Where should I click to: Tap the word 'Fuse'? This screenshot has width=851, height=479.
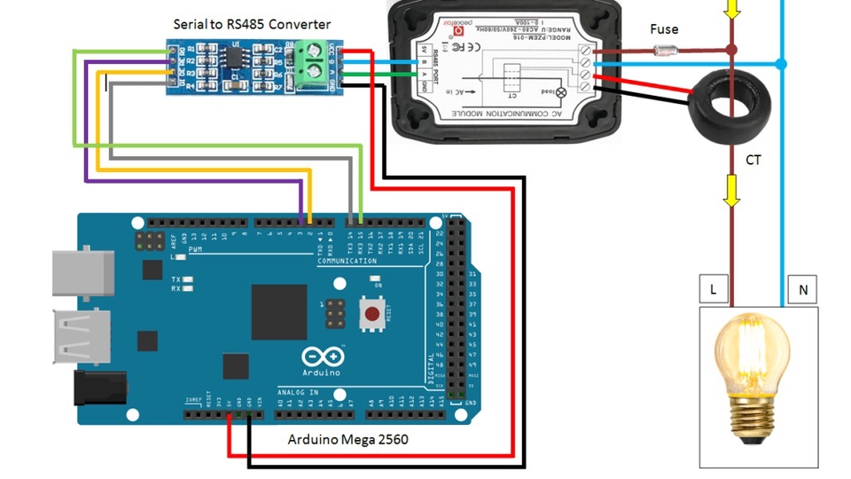pos(664,29)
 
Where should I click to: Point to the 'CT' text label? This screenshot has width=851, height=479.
pos(753,161)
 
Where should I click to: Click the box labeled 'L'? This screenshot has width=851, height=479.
pos(714,289)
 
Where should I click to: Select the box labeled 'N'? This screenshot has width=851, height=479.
pos(803,289)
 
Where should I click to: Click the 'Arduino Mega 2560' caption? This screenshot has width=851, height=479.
pos(348,439)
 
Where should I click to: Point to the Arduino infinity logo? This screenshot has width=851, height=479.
pos(323,357)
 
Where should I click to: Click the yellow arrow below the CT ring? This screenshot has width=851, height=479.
pos(731,190)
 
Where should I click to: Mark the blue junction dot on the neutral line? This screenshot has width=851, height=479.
pos(781,64)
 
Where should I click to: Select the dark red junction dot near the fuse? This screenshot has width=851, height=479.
pos(731,51)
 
